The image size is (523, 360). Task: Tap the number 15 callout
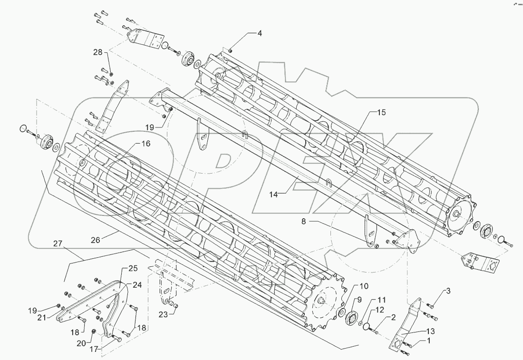click(382, 113)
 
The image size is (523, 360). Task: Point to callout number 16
click(145, 143)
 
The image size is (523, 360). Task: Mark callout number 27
click(58, 244)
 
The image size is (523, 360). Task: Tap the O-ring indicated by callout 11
click(365, 325)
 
